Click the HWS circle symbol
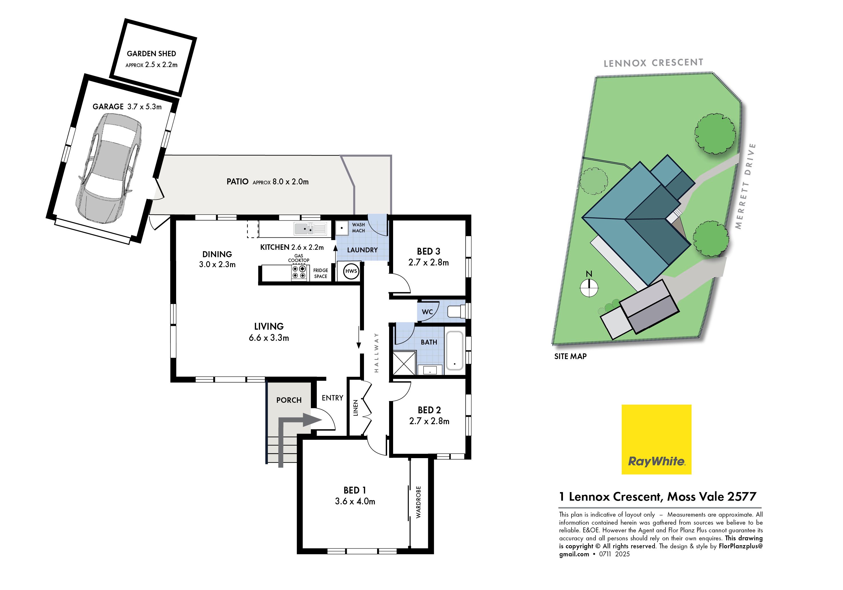point(351,271)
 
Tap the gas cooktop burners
point(299,272)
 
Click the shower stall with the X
point(404,363)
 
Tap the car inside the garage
point(109,168)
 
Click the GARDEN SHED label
point(151,54)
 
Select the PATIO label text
point(237,181)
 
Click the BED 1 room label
point(354,490)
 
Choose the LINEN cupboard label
point(355,408)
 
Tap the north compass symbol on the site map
point(589,284)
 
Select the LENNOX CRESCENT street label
point(653,63)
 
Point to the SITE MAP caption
point(570,356)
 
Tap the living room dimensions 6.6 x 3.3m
point(269,338)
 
